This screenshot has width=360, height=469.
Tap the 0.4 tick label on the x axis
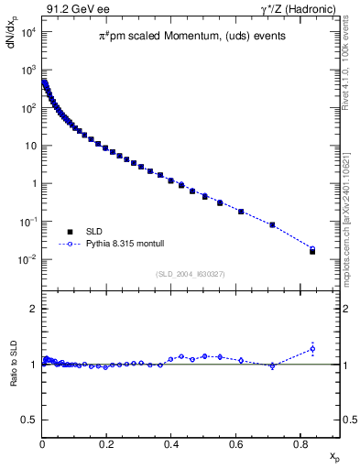click(171, 445)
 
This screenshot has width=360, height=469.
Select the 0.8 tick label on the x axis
click(300, 445)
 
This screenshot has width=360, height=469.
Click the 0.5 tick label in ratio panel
click(29, 420)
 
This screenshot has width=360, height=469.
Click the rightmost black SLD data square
click(312, 251)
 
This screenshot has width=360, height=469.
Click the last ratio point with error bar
click(312, 348)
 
